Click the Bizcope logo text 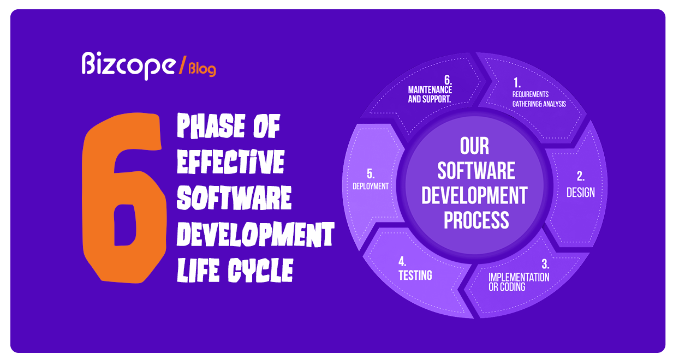pyautogui.click(x=129, y=65)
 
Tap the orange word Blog pyautogui.click(x=202, y=69)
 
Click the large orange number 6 pyautogui.click(x=122, y=199)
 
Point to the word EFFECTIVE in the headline pyautogui.click(x=230, y=163)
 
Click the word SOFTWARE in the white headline pyautogui.click(x=234, y=197)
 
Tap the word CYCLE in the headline pyautogui.click(x=261, y=270)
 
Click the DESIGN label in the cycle pyautogui.click(x=580, y=192)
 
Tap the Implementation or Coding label pyautogui.click(x=519, y=281)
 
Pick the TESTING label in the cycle pyautogui.click(x=415, y=275)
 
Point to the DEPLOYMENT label pyautogui.click(x=371, y=186)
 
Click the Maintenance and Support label pyautogui.click(x=430, y=94)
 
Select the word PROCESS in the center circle pyautogui.click(x=476, y=220)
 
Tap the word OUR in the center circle pyautogui.click(x=475, y=146)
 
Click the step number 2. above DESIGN pyautogui.click(x=580, y=176)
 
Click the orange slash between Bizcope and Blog pyautogui.click(x=182, y=65)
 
